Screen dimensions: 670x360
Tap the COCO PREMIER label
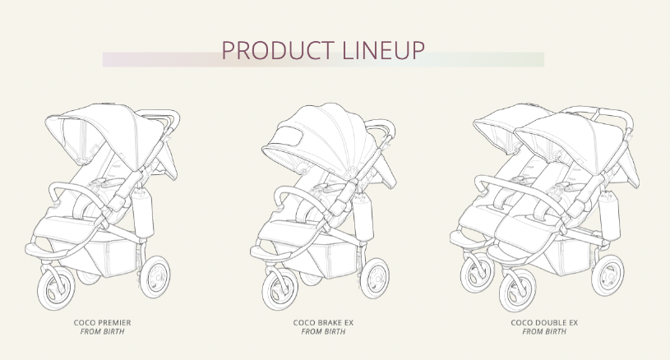102,323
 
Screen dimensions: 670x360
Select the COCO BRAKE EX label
323,323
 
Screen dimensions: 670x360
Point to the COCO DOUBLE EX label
544,323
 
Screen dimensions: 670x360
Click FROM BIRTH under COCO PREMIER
102,332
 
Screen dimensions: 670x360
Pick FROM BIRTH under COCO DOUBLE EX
544,332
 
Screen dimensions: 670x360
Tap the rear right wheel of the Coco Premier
155,277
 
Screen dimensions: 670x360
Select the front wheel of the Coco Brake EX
280,288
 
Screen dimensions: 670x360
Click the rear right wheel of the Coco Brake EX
375,278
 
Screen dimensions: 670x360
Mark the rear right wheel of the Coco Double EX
608,275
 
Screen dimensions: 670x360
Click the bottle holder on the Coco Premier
143,213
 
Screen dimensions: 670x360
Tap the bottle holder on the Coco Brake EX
363,216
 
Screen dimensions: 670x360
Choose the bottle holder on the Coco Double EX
609,215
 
